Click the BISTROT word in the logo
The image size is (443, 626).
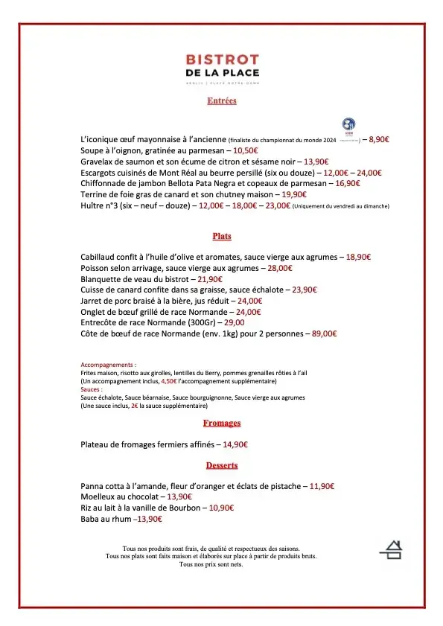coord(222,60)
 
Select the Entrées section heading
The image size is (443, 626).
coord(222,100)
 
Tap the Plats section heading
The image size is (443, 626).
coord(222,236)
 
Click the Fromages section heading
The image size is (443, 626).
coord(222,423)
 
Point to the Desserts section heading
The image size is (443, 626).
coord(222,465)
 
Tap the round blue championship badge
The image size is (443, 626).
coord(349,125)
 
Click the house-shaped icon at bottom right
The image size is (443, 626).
coord(392,549)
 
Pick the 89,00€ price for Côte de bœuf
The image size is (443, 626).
coord(324,334)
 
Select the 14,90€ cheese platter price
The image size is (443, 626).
coord(235,444)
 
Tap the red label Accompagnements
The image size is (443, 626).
coord(109,365)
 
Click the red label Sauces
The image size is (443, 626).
coord(92,389)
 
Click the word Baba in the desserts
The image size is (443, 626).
coord(90,519)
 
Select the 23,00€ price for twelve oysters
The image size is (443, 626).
coord(278,205)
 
